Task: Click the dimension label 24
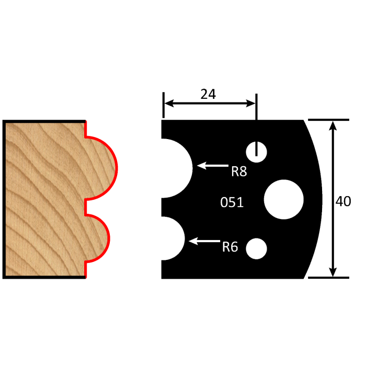pos(208,94)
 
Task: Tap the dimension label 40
pos(343,201)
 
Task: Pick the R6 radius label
pos(230,247)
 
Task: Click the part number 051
pos(232,202)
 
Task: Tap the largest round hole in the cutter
pos(284,199)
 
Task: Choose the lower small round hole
pos(257,247)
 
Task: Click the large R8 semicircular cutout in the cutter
pos(175,168)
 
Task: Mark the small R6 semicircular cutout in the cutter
pos(171,238)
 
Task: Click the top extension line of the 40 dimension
pos(327,120)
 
